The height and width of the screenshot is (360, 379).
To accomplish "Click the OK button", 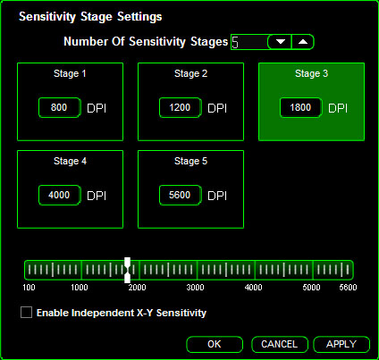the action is (215, 344).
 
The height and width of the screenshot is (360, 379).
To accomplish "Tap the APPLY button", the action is (341, 344).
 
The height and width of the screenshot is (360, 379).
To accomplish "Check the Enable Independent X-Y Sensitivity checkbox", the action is (26, 313).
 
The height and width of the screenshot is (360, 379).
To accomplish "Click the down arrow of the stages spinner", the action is (280, 42).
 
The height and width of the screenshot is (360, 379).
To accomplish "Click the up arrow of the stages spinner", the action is (303, 42).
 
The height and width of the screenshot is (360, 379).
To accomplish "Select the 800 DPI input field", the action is (60, 107).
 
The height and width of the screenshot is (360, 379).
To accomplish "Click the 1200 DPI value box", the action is (181, 107).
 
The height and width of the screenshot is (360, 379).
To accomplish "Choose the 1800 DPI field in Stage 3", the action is (301, 107).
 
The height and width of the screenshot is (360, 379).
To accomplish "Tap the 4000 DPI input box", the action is (60, 195).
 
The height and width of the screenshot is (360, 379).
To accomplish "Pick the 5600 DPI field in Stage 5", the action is (181, 195).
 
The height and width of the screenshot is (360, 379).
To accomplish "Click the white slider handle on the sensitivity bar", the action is (127, 270).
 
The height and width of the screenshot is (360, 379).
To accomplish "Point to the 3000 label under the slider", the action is (195, 288).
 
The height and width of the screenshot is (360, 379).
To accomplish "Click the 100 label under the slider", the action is (29, 288).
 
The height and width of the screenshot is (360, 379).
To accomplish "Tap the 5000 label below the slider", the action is (311, 288).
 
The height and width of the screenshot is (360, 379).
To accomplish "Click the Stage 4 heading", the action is (70, 161).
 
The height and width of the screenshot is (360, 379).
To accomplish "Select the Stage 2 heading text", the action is (190, 73).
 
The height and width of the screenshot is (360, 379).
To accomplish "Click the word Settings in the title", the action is (139, 17).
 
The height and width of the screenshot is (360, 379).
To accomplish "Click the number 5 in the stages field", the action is (235, 42).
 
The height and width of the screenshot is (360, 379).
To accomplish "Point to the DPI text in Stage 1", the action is (97, 108).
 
